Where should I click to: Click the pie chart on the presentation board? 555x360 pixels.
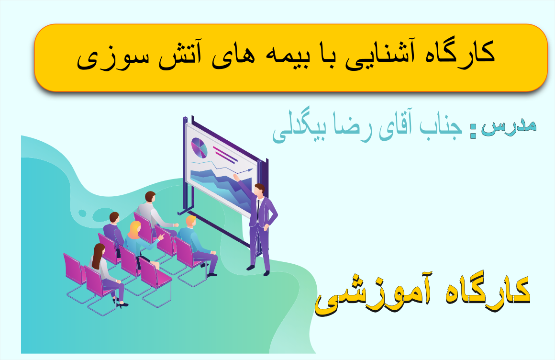click(200, 148)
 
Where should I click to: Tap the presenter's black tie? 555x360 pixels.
click(258, 209)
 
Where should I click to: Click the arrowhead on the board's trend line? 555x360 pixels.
click(251, 170)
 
